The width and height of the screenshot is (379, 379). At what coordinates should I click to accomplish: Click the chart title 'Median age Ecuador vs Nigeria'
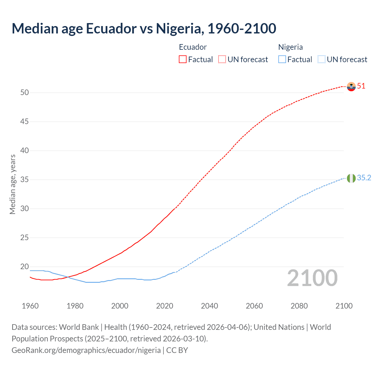[144, 28]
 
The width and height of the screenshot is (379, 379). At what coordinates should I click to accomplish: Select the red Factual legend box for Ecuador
[183, 60]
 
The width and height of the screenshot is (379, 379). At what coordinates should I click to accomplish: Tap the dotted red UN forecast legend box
[222, 60]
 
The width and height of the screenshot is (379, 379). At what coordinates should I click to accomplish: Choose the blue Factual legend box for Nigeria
[282, 60]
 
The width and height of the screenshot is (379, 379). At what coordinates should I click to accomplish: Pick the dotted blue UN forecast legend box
[321, 60]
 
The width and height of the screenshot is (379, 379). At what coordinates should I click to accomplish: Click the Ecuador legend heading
[193, 47]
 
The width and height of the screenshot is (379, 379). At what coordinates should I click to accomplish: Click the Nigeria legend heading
[290, 47]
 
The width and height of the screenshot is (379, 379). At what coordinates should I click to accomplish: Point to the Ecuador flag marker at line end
[351, 86]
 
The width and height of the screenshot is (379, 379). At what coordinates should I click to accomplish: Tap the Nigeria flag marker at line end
[351, 178]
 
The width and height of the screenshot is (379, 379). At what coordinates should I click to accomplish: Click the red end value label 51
[361, 86]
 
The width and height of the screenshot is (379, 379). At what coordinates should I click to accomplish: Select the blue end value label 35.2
[364, 178]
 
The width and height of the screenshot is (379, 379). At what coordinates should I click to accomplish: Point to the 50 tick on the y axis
[25, 93]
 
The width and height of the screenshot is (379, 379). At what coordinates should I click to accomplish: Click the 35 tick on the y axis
[25, 180]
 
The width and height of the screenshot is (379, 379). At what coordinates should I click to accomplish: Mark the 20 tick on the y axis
[25, 267]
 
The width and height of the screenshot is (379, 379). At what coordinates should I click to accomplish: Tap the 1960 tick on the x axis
[30, 306]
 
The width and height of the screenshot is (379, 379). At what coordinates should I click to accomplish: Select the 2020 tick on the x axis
[165, 306]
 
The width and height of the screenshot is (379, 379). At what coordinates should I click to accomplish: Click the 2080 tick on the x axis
[299, 306]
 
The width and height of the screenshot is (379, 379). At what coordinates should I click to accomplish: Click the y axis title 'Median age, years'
[12, 184]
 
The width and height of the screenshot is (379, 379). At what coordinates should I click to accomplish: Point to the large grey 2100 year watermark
[312, 278]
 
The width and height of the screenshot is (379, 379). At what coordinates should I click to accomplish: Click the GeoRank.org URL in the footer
[86, 350]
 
